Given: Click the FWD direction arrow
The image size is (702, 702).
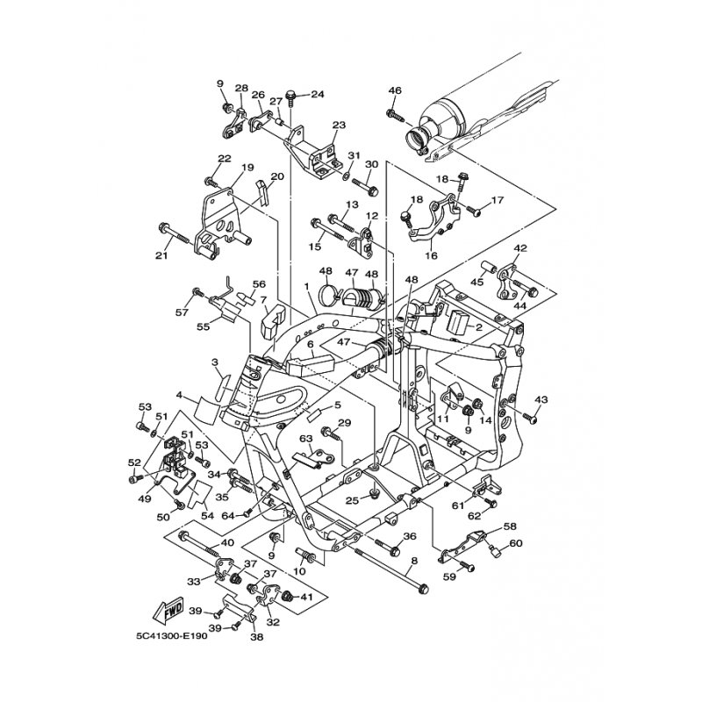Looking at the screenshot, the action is [168, 610].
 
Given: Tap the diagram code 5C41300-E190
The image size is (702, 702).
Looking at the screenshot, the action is [172, 635].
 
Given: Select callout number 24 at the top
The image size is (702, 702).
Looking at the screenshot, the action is [317, 95].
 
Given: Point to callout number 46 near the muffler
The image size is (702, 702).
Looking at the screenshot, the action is [395, 90].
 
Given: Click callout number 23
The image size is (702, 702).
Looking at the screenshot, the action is [339, 125].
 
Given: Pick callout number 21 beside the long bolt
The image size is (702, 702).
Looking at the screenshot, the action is [161, 255].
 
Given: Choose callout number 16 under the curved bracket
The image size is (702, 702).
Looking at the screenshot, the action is [432, 256].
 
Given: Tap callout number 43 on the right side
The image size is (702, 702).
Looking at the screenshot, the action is [541, 399].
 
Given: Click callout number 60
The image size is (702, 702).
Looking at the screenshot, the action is [516, 543].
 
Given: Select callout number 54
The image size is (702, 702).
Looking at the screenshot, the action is [207, 516].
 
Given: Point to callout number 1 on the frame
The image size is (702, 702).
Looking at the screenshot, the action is [306, 286].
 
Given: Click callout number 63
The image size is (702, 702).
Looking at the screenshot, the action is [306, 438].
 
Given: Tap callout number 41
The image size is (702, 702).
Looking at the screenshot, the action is [306, 597].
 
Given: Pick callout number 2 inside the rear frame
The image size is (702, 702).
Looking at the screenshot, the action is [478, 327].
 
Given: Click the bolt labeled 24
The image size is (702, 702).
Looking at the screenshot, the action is [291, 97].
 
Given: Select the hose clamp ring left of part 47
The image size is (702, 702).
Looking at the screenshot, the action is [330, 295].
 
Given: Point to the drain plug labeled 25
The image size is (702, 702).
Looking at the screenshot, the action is [371, 495].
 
